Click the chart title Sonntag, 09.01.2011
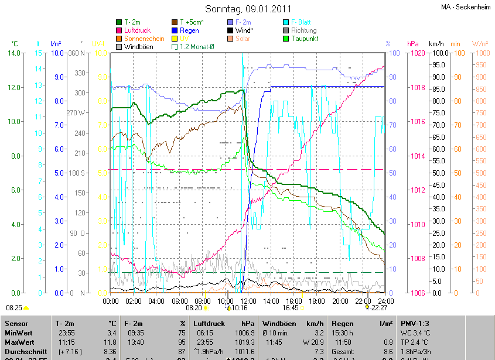[247, 9]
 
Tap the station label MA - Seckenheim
[465, 7]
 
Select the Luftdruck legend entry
[138, 30]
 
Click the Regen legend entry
[189, 30]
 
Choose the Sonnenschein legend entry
[144, 39]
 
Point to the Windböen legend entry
[138, 46]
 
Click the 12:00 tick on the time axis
[248, 301]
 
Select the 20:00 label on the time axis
[340, 301]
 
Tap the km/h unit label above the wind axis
[436, 44]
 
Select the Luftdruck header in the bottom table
[209, 323]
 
